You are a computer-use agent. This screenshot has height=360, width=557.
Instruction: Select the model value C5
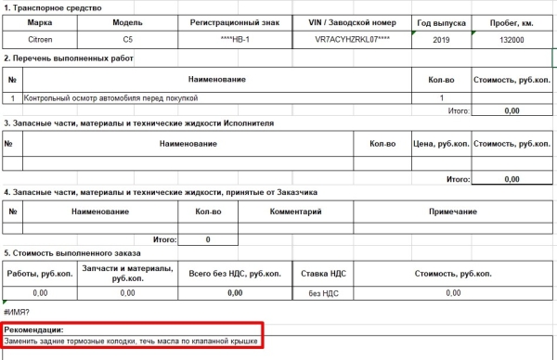[128, 40]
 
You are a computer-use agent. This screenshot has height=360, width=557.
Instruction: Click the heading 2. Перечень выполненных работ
[69, 58]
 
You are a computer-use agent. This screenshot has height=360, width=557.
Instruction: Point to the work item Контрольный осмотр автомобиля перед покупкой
[111, 97]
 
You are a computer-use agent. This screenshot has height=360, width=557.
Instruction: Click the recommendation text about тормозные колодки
[130, 342]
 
